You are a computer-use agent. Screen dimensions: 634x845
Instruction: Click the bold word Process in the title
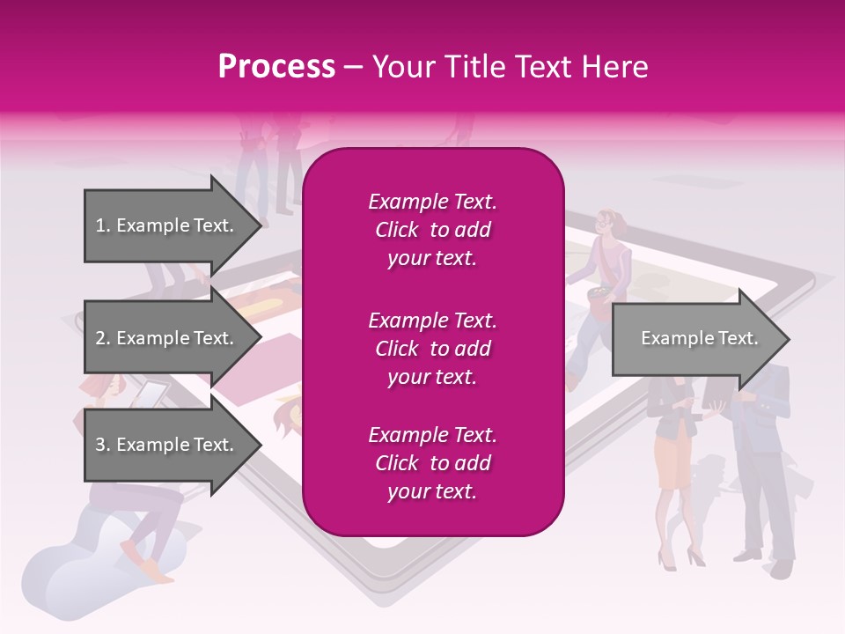276,67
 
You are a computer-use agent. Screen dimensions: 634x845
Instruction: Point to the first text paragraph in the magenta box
432,230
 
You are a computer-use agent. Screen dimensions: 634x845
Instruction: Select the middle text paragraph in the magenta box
432,348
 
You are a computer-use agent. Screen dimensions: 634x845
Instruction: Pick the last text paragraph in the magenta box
432,463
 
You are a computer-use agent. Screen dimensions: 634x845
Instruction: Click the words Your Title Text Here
510,67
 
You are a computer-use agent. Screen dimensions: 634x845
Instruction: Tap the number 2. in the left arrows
103,338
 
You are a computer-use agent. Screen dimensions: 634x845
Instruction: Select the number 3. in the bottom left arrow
103,445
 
